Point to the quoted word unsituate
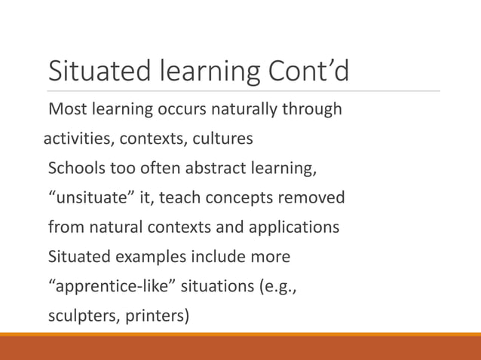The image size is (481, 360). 90,198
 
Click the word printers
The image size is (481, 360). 158,315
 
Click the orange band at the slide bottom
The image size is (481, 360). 240,347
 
